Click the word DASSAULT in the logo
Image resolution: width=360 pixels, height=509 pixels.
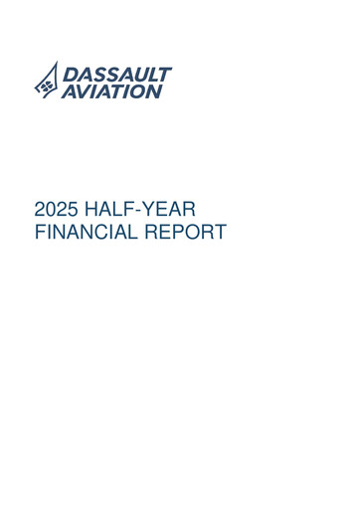[117, 75]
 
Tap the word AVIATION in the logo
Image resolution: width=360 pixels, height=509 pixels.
[110, 91]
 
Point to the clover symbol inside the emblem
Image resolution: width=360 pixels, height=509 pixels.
[45, 87]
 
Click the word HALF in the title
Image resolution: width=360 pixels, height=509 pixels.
[107, 211]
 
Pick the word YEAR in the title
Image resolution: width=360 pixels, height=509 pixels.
[170, 211]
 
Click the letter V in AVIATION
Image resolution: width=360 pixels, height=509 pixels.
[79, 91]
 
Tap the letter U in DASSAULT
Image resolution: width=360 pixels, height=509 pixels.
[139, 75]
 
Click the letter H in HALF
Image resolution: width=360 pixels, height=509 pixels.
[90, 211]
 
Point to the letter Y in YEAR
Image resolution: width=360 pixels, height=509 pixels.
[147, 211]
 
